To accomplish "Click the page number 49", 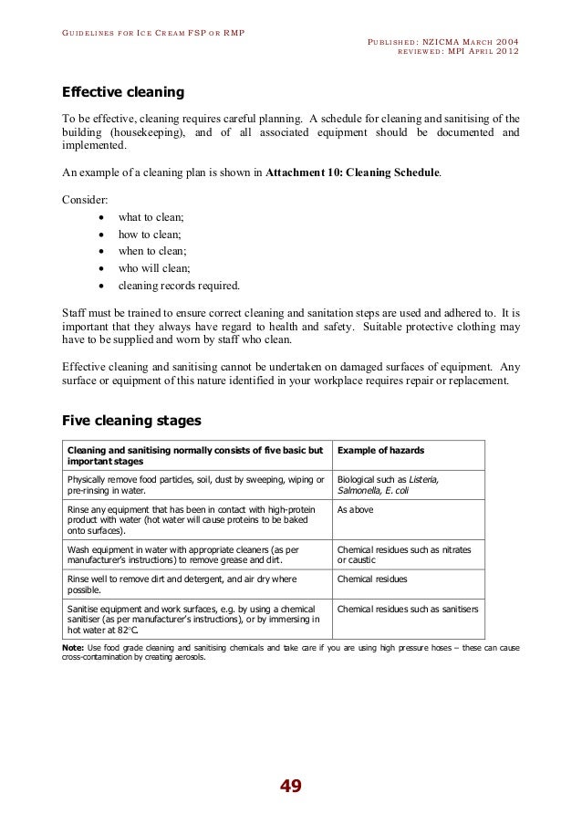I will [291, 787].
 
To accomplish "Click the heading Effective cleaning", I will [122, 93].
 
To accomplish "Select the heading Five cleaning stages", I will [130, 421].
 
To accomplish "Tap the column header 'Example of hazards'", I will [381, 452].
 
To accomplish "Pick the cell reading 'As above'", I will [355, 509].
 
